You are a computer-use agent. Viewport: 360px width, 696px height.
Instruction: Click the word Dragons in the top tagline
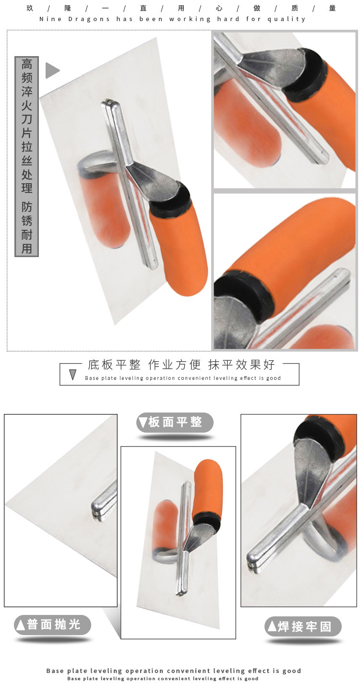pos(89,19)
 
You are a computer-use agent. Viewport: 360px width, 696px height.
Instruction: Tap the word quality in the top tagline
pos(287,19)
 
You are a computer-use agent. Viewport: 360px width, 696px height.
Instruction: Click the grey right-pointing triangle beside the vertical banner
pos(52,70)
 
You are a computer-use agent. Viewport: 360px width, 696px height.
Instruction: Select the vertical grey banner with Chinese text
pos(27,156)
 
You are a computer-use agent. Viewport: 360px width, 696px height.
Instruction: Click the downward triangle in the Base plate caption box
pos(73,375)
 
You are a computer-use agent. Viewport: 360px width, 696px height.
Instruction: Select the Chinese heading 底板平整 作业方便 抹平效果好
pos(181,365)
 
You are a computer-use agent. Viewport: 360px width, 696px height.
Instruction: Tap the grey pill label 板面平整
pos(175,422)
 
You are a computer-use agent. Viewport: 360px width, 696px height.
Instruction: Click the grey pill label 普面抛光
pos(52,625)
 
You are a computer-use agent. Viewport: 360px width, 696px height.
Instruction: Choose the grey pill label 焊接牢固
pos(303,626)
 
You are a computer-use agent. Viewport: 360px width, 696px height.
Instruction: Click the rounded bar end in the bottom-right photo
pos(252,562)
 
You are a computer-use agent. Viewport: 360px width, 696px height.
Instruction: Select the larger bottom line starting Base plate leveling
pos(174,671)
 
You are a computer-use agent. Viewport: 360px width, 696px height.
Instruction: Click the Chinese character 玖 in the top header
pos(30,8)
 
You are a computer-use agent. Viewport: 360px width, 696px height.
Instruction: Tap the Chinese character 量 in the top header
pos(332,8)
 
